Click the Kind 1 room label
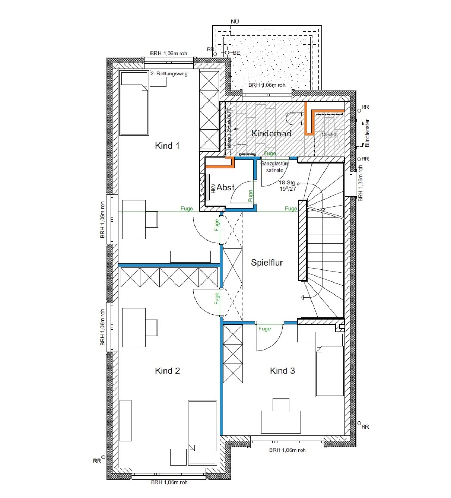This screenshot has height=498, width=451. pyautogui.click(x=167, y=146)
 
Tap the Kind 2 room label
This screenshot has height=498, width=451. pyautogui.click(x=167, y=371)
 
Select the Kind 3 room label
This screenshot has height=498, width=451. pyautogui.click(x=282, y=371)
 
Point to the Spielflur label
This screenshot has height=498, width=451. pyautogui.click(x=267, y=262)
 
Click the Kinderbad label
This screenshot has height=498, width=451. pyautogui.click(x=271, y=133)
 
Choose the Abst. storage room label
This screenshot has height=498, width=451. pyautogui.click(x=226, y=188)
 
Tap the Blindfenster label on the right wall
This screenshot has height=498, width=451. pyautogui.click(x=367, y=133)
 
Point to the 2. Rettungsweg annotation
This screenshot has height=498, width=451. pyautogui.click(x=169, y=74)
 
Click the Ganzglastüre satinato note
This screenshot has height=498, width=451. pyautogui.click(x=275, y=167)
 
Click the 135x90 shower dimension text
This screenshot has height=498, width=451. pyautogui.click(x=329, y=135)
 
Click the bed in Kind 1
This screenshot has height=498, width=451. pyautogui.click(x=134, y=103)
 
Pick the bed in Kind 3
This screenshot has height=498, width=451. pyautogui.click(x=330, y=365)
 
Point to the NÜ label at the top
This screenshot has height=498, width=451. pyautogui.click(x=235, y=22)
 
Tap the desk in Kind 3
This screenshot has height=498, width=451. pyautogui.click(x=281, y=421)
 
